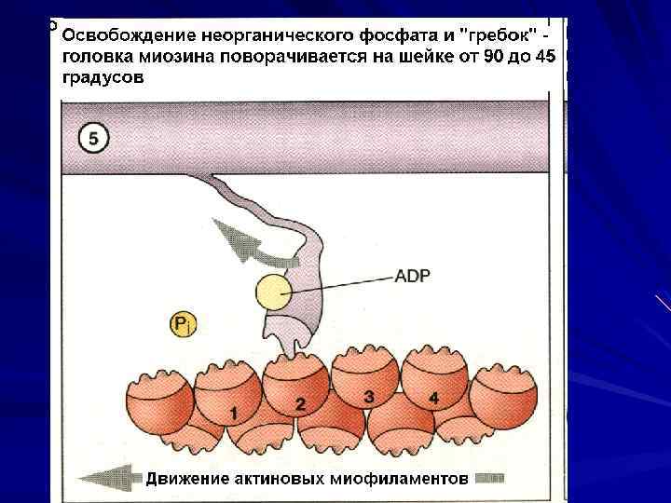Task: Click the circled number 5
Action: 93,139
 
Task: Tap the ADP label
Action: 412,275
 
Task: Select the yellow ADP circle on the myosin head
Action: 275,293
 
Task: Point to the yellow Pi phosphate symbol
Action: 184,325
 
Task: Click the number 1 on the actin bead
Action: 233,411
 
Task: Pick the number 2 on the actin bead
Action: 300,404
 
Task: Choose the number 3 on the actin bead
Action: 369,398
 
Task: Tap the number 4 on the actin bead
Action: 433,398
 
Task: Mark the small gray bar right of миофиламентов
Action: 488,479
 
